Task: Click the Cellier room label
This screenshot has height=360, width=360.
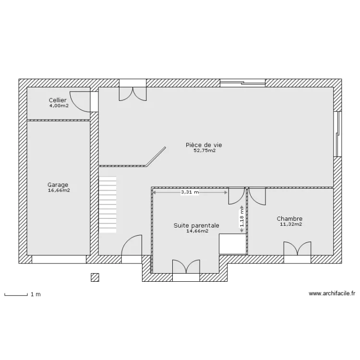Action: tap(58, 100)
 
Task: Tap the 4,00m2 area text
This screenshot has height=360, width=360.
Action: tap(59, 106)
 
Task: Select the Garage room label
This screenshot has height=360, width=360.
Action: tap(58, 185)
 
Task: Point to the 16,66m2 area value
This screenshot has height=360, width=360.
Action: tap(59, 191)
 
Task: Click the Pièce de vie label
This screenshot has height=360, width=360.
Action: tap(204, 145)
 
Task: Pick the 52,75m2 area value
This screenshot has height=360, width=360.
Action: tap(205, 151)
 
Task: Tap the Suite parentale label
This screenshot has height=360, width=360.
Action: tap(196, 226)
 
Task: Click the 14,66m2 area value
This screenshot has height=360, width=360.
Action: tap(197, 231)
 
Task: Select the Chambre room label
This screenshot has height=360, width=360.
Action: tap(289, 218)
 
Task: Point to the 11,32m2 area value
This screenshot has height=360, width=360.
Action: tap(291, 224)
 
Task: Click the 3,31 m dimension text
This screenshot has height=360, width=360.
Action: tap(190, 192)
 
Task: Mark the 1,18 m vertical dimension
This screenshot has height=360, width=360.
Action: tap(242, 219)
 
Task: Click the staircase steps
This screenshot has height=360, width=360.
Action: tap(108, 204)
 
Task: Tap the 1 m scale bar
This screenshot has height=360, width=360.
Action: tap(16, 295)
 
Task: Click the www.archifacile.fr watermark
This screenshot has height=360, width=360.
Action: tap(332, 293)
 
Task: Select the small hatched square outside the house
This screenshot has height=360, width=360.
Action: tap(95, 277)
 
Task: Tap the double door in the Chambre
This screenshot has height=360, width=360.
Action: tap(297, 249)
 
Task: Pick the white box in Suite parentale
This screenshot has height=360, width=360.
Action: tap(233, 244)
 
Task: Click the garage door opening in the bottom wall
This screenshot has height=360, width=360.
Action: tap(59, 259)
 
